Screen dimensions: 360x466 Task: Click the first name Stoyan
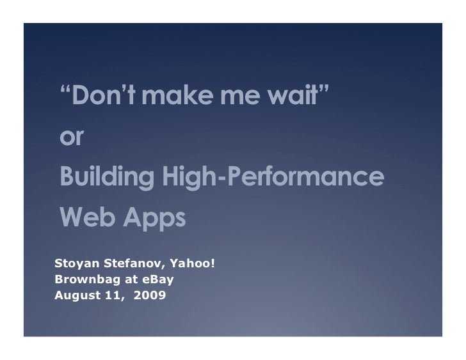[x=74, y=263]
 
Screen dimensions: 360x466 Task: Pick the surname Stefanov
[x=124, y=263]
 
